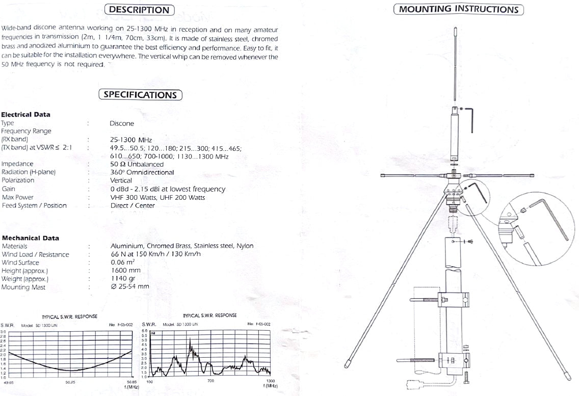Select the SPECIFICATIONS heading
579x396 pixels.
[x=140, y=94]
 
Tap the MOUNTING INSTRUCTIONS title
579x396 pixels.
[x=458, y=9]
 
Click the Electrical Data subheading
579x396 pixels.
[x=25, y=115]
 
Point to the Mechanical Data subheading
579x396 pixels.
[x=30, y=238]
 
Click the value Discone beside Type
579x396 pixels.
[x=122, y=123]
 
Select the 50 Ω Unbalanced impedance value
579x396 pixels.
[x=137, y=164]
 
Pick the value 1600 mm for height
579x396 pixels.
[x=125, y=271]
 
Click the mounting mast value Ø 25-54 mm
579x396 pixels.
[x=130, y=287]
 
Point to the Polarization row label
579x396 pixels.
[x=18, y=180]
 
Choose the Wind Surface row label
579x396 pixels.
[x=20, y=262]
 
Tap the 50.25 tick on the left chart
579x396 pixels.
[x=70, y=381]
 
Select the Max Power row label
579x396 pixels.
[x=18, y=197]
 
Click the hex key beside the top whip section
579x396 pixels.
[x=471, y=118]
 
